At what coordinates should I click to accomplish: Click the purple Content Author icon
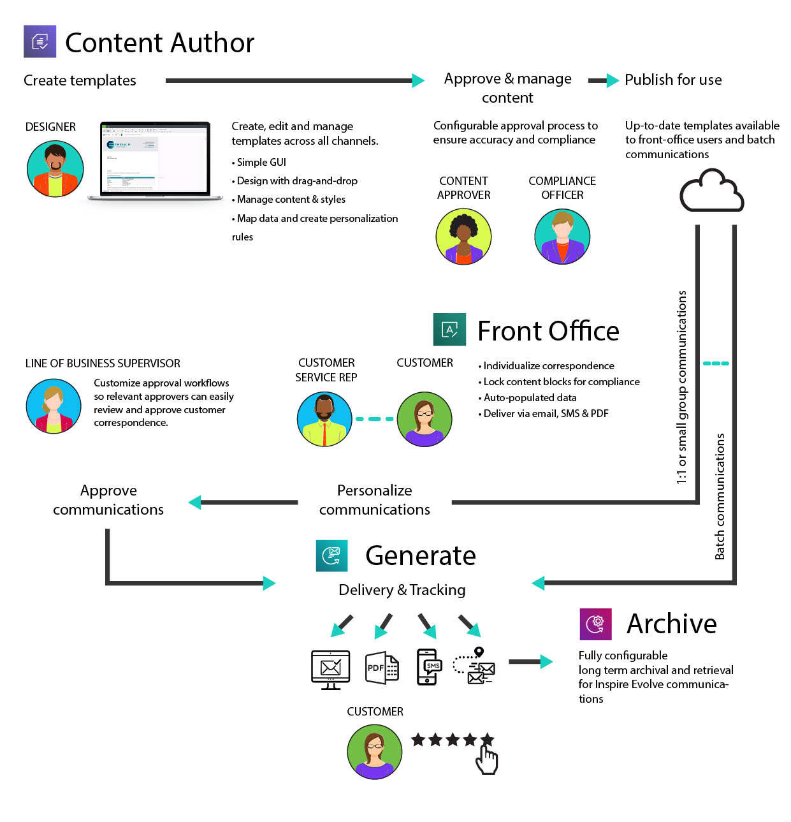pos(40,41)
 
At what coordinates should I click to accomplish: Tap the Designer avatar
pos(55,168)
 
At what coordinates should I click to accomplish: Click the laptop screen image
pos(156,158)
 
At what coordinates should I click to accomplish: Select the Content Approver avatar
pos(463,236)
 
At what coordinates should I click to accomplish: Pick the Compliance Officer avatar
pos(562,236)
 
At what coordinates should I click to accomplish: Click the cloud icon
pos(711,191)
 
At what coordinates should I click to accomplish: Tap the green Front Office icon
pos(449,330)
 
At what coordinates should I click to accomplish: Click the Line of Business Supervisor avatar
pos(54,406)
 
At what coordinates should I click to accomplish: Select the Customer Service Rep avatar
pos(324,419)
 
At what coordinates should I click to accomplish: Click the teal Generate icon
pos(331,555)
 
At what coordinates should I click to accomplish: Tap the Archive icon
pos(595,624)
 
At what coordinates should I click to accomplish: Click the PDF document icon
pos(382,668)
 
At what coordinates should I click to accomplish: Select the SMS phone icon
pos(429,667)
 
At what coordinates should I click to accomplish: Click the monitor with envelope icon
pos(330,669)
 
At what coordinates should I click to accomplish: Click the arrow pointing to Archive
pos(530,662)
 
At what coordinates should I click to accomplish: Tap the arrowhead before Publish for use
pos(612,80)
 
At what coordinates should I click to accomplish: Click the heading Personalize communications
pos(374,499)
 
